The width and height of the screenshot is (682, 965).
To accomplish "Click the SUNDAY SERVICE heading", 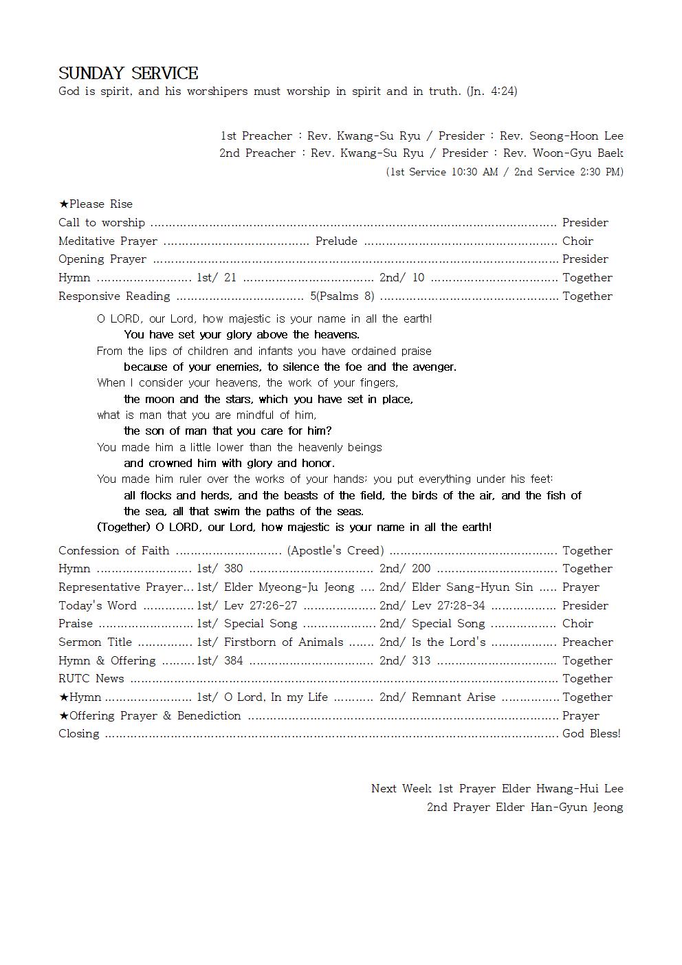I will pyautogui.click(x=129, y=74).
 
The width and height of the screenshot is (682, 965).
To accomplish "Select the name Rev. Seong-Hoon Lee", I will pyautogui.click(x=561, y=135).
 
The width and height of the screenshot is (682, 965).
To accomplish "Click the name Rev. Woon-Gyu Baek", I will pyautogui.click(x=563, y=153).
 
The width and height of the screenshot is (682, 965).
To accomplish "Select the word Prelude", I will pyautogui.click(x=336, y=241).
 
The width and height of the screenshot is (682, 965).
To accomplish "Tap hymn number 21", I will pyautogui.click(x=230, y=277).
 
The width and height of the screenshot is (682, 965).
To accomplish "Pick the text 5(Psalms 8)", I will pyautogui.click(x=342, y=296).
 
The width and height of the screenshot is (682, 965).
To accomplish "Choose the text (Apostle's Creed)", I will pyautogui.click(x=335, y=550).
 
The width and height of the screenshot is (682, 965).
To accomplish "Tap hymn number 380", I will pyautogui.click(x=234, y=568).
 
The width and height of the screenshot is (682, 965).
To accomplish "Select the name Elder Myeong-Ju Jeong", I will pyautogui.click(x=289, y=587).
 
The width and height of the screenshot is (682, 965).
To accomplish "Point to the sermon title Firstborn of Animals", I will pyautogui.click(x=283, y=642).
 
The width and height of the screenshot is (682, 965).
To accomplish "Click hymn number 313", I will pyautogui.click(x=421, y=660).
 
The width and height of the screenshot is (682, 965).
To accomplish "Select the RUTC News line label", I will pyautogui.click(x=91, y=678).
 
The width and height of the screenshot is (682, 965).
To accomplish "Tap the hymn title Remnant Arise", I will pyautogui.click(x=453, y=697).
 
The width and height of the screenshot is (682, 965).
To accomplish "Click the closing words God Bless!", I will pyautogui.click(x=591, y=733).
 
